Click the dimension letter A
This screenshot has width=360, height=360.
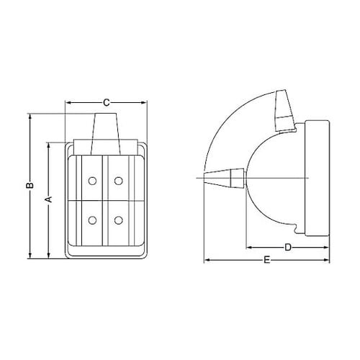point(49,199)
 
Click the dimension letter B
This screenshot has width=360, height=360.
point(30,185)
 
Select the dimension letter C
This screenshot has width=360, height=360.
point(107,103)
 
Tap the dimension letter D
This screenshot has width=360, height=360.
point(288,247)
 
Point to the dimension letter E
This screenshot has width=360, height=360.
point(267,260)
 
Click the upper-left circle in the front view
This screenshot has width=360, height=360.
point(92,181)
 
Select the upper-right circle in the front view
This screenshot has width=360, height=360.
point(119,181)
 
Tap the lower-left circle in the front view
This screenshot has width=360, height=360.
point(92,220)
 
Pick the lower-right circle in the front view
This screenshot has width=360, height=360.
point(119,220)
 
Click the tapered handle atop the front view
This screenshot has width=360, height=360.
point(106,134)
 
